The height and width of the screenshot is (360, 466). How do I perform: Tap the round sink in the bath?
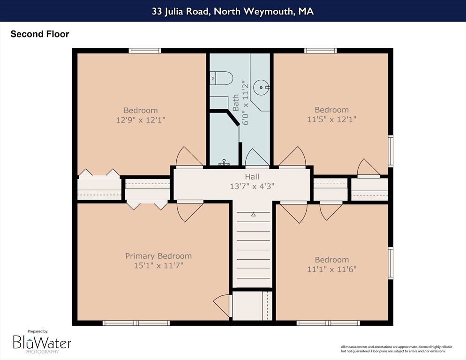pyautogui.click(x=261, y=87)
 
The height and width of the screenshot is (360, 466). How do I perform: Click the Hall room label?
pyautogui.click(x=252, y=177)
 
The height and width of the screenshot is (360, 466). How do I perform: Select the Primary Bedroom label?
pyautogui.click(x=158, y=256)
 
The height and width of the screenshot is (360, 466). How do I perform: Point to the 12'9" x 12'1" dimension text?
pyautogui.click(x=141, y=120)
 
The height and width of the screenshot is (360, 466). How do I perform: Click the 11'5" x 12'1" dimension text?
pyautogui.click(x=331, y=119)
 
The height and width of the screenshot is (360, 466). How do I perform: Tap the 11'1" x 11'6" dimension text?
pyautogui.click(x=331, y=270)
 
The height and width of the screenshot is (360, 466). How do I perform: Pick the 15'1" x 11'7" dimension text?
pyautogui.click(x=158, y=265)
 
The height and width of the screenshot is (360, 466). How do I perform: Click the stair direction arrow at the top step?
pyautogui.click(x=253, y=214)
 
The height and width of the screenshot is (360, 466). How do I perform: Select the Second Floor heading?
pyautogui.click(x=40, y=34)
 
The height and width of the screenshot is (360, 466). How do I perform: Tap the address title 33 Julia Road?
pyautogui.click(x=233, y=11)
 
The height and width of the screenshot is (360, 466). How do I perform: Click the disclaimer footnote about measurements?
pyautogui.click(x=397, y=349)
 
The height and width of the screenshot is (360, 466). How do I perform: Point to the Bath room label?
pyautogui.click(x=236, y=103)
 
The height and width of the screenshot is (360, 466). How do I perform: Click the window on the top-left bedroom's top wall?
pyautogui.click(x=145, y=51)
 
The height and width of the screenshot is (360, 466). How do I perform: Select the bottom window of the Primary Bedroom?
pyautogui.click(x=136, y=323)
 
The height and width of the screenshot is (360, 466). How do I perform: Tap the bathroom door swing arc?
pyautogui.click(x=257, y=157)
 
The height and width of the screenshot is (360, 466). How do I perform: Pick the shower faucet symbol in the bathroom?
pyautogui.click(x=224, y=162)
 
